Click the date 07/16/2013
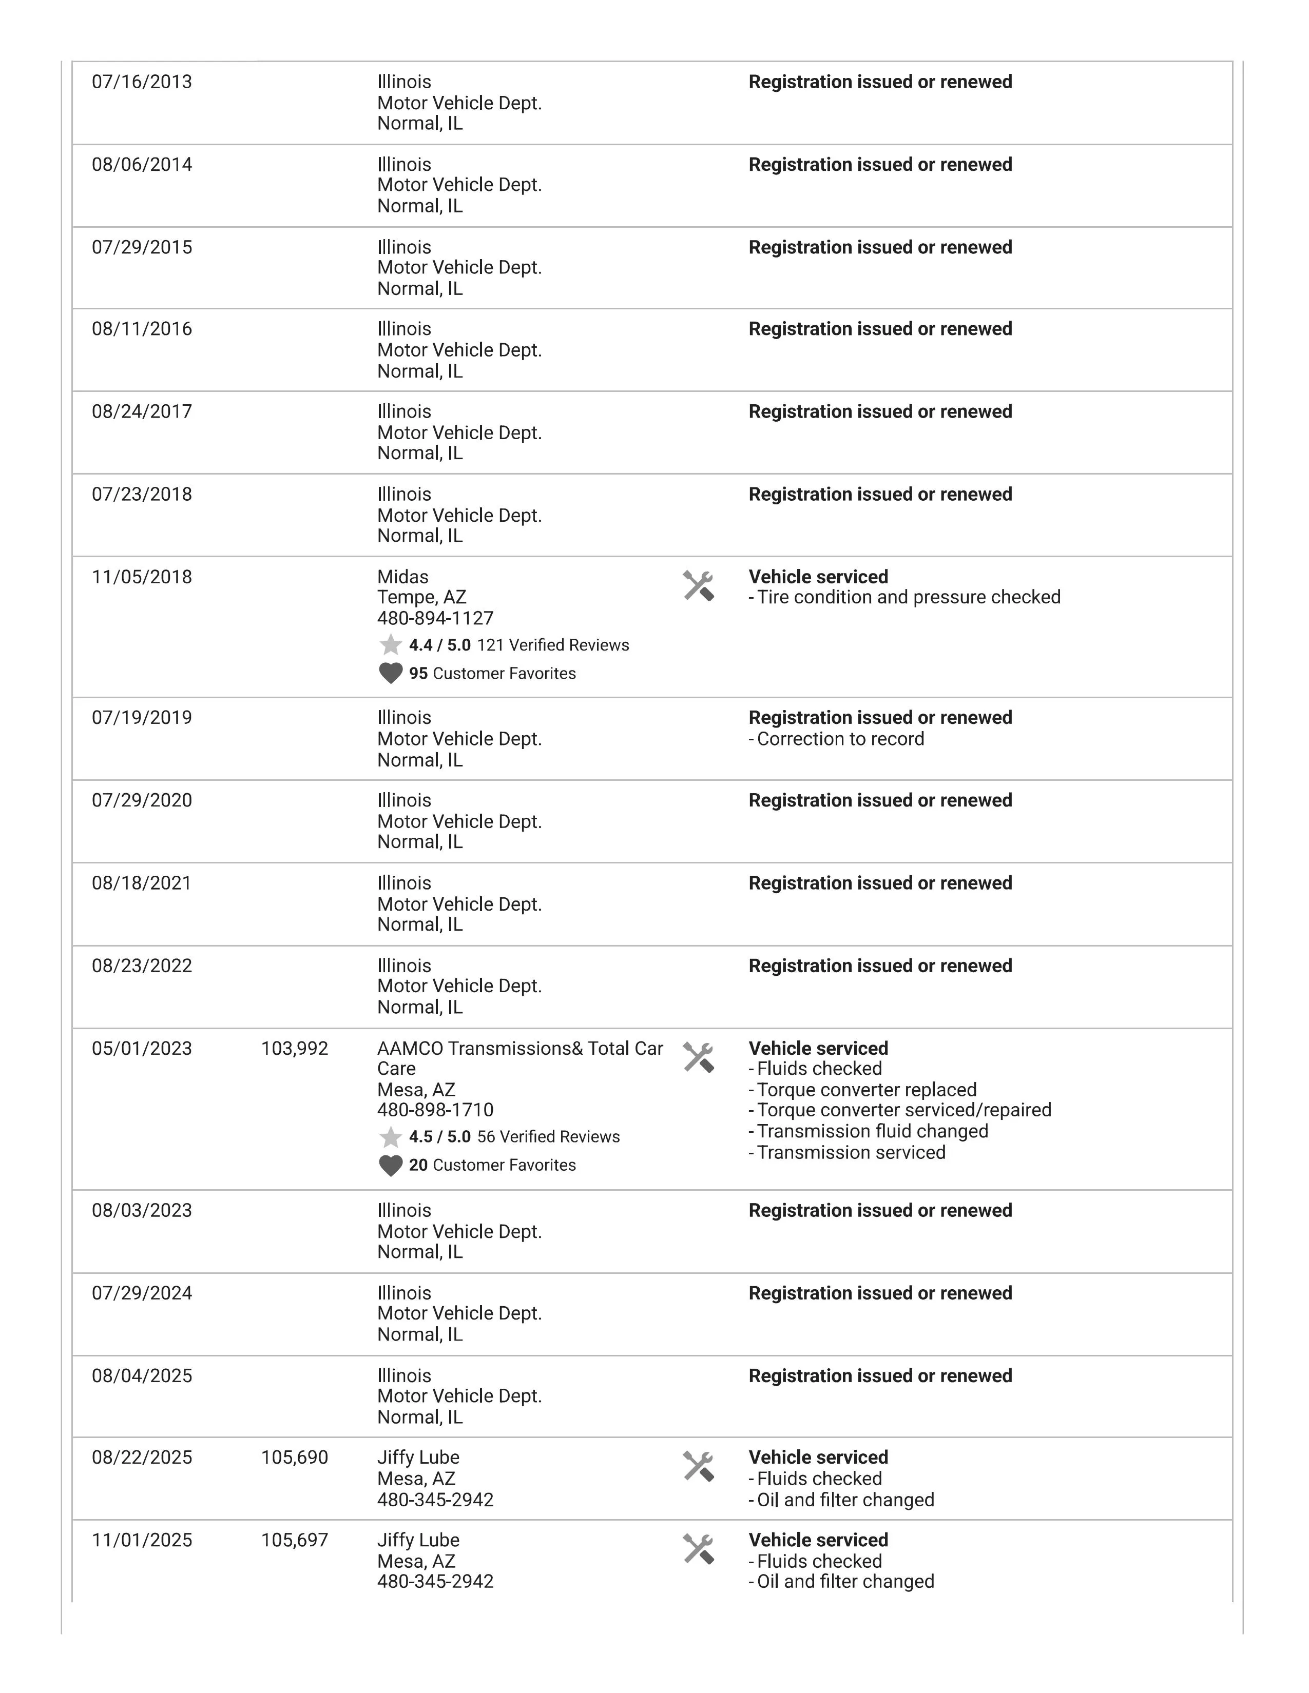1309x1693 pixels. [142, 82]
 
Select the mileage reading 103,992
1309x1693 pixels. [295, 1049]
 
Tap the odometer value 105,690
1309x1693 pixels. [295, 1458]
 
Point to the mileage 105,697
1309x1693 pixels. [295, 1540]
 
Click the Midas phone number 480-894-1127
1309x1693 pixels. [435, 619]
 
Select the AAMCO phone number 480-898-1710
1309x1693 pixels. [435, 1110]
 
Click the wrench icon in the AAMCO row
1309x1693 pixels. [698, 1057]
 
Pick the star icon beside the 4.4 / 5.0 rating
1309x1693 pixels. [391, 645]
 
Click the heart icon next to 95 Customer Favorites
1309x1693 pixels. [391, 673]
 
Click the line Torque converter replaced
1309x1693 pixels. [866, 1090]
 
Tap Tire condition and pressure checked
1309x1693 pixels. [908, 598]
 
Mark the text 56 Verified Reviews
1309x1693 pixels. [548, 1137]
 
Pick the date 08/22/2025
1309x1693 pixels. [142, 1458]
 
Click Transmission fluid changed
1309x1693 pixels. [872, 1132]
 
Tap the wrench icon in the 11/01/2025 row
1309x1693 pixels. [698, 1549]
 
